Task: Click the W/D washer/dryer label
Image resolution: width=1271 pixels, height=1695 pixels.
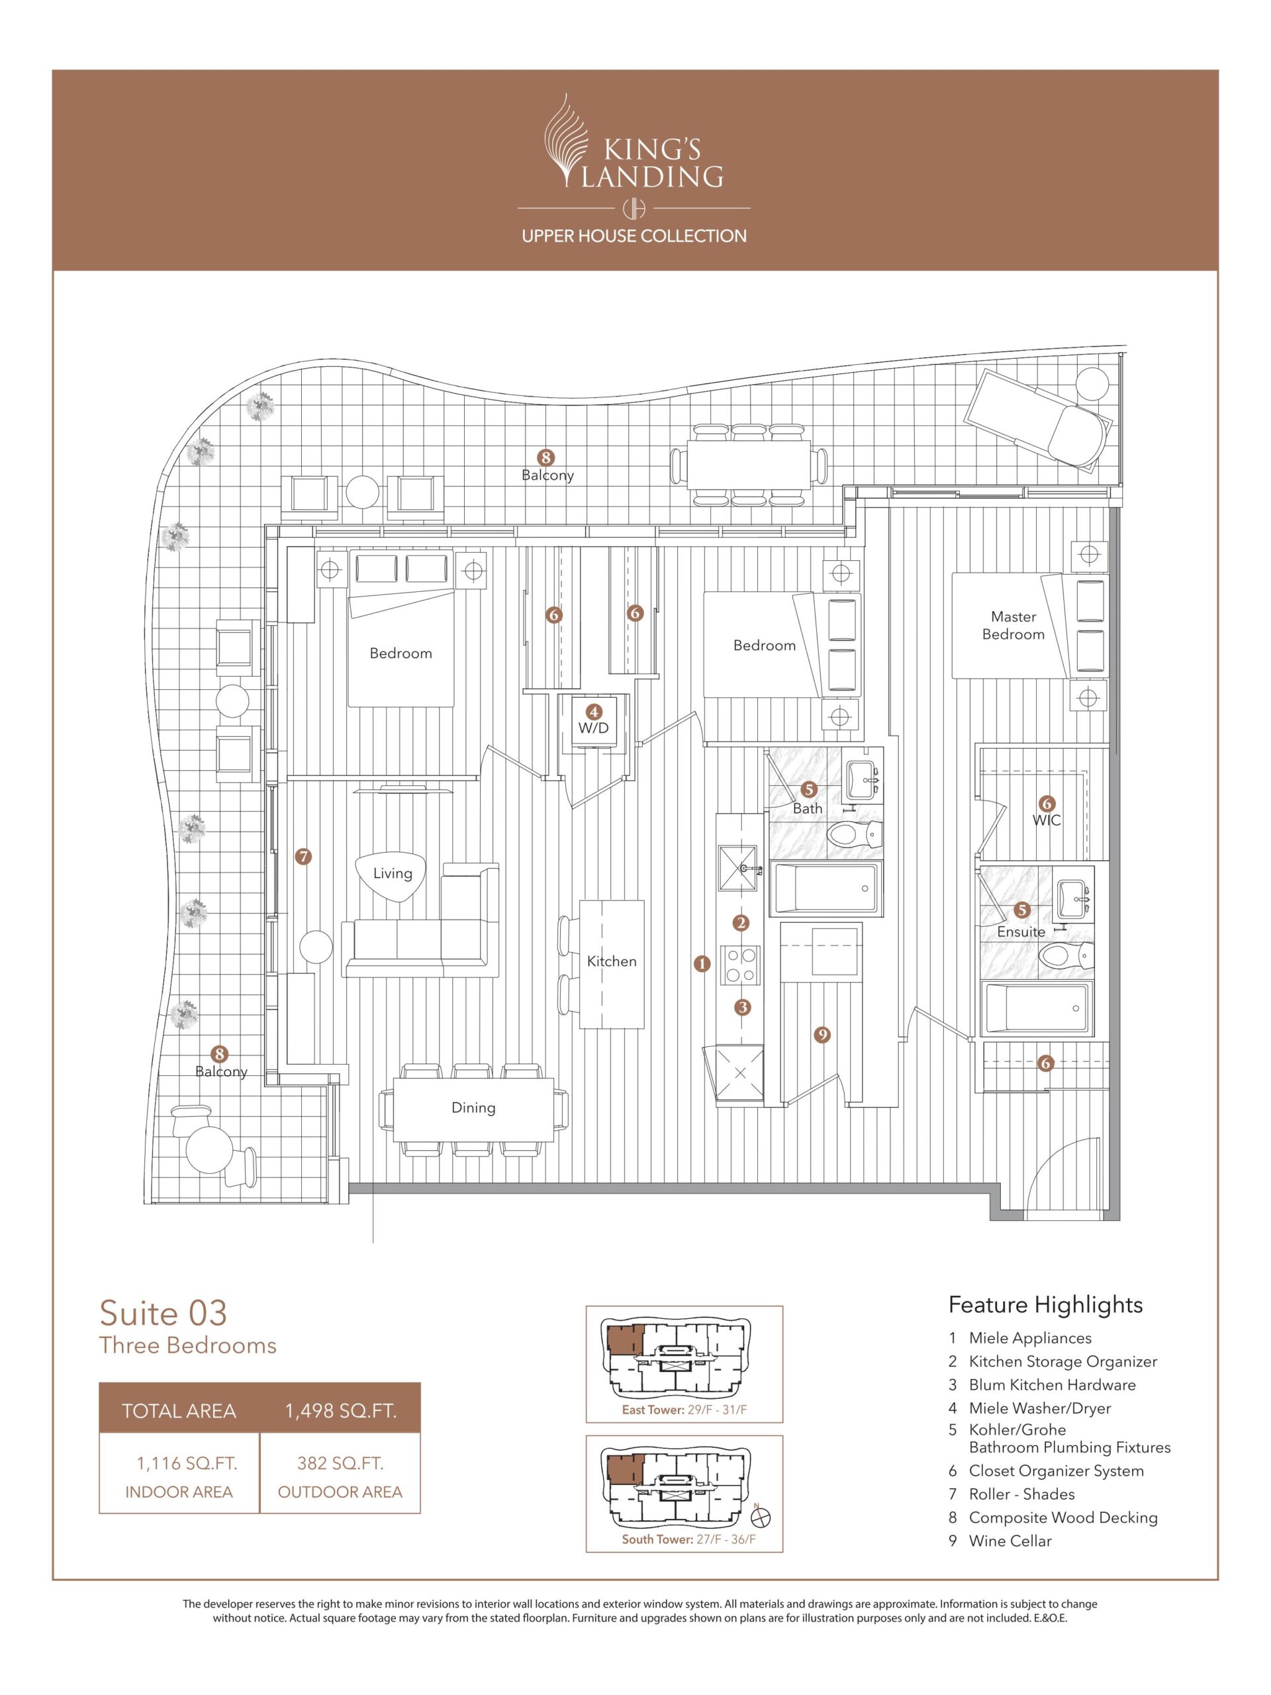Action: click(593, 727)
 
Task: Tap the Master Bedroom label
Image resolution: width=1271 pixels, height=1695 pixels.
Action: click(1013, 625)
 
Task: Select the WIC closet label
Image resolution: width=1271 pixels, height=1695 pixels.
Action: click(1047, 820)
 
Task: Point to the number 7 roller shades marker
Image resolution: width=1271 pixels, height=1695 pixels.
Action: click(304, 856)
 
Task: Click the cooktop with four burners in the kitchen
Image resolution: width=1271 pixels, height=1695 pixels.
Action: click(741, 965)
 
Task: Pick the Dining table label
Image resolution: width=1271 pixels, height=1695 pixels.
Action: click(473, 1107)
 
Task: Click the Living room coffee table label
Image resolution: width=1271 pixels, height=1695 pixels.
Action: click(393, 873)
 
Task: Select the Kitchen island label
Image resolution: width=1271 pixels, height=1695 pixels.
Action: click(612, 961)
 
